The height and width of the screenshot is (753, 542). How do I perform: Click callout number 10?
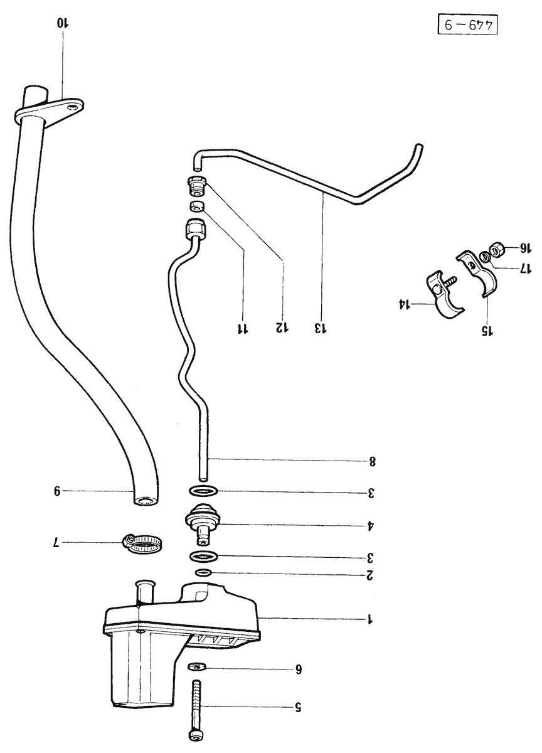click(63, 24)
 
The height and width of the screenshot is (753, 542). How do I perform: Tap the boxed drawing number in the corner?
click(467, 25)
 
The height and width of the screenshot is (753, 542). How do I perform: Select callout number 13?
click(321, 328)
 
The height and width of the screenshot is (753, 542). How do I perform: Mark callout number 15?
click(487, 331)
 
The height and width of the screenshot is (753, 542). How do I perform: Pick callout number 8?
click(372, 462)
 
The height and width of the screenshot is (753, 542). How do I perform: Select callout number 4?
click(370, 525)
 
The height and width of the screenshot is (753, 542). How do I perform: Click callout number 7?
click(57, 542)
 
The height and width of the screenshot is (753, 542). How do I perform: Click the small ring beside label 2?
click(203, 572)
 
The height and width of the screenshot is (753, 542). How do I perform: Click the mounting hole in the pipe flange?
click(71, 107)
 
